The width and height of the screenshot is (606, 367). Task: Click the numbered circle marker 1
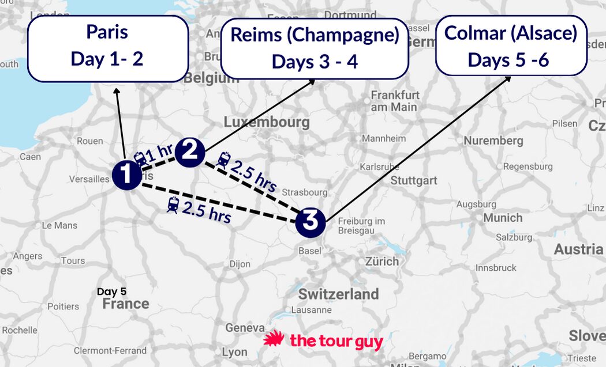point(126,175)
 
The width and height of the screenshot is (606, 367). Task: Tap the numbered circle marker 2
point(190,153)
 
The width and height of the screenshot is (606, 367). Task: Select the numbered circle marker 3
point(311,221)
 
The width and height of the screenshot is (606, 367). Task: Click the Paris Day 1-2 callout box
point(107,48)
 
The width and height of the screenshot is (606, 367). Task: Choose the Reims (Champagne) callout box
point(315,48)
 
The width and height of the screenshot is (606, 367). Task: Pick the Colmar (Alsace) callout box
point(511,46)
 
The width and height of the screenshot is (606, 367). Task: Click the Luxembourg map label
point(267,122)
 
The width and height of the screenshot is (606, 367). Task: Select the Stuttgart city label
point(414,180)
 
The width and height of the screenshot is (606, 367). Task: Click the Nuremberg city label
point(493,141)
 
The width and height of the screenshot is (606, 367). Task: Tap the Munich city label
point(503,218)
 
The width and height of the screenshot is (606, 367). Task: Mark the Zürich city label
point(381,261)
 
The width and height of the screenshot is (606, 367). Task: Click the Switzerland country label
point(338,294)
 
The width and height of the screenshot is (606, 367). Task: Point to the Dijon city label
point(240,264)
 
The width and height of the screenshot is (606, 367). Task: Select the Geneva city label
point(245,328)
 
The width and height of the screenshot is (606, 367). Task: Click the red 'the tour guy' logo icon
point(274,340)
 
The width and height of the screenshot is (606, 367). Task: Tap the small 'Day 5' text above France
point(111,292)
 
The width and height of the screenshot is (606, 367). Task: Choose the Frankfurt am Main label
point(395,101)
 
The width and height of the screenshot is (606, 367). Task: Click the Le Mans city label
point(59,225)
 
